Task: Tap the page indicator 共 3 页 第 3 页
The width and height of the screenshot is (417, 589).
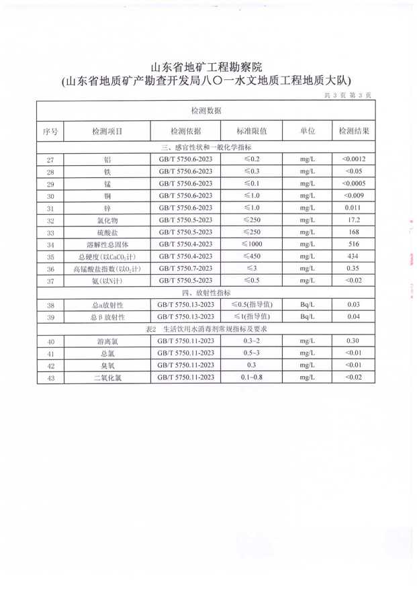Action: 348,96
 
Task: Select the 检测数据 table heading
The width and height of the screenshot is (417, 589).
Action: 205,110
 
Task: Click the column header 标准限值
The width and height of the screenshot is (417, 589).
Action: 252,131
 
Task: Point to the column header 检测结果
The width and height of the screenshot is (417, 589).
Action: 353,131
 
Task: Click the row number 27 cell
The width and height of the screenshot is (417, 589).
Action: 50,160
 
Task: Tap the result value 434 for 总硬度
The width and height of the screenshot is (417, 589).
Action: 353,257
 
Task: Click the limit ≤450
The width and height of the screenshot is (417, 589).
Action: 252,257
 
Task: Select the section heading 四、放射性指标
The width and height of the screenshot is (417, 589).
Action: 205,293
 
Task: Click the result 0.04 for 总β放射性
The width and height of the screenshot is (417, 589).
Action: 353,317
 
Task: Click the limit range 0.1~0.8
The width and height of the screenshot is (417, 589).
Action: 252,377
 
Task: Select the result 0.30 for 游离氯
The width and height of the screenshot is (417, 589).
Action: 353,341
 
